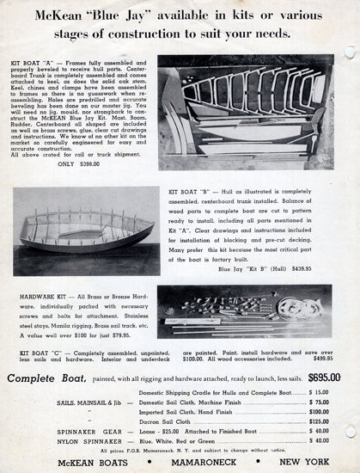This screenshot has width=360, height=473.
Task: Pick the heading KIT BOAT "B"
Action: (x=192, y=193)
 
